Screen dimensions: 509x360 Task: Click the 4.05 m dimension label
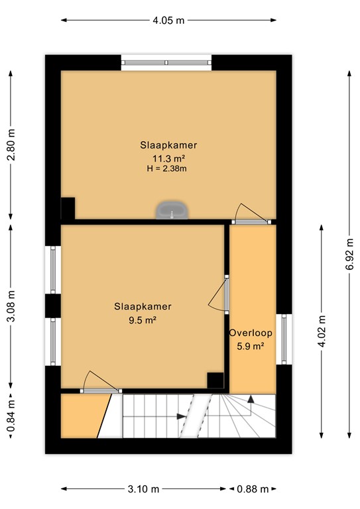[x=168, y=20]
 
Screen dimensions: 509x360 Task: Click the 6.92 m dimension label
[x=349, y=253]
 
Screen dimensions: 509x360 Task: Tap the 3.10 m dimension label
[x=144, y=489]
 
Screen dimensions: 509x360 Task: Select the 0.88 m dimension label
[x=253, y=489]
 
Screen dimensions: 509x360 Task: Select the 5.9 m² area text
[x=251, y=345]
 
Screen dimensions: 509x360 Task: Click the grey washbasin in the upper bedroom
[x=172, y=211]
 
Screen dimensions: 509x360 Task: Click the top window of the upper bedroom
[x=166, y=63]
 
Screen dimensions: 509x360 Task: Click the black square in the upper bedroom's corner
[x=68, y=208]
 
